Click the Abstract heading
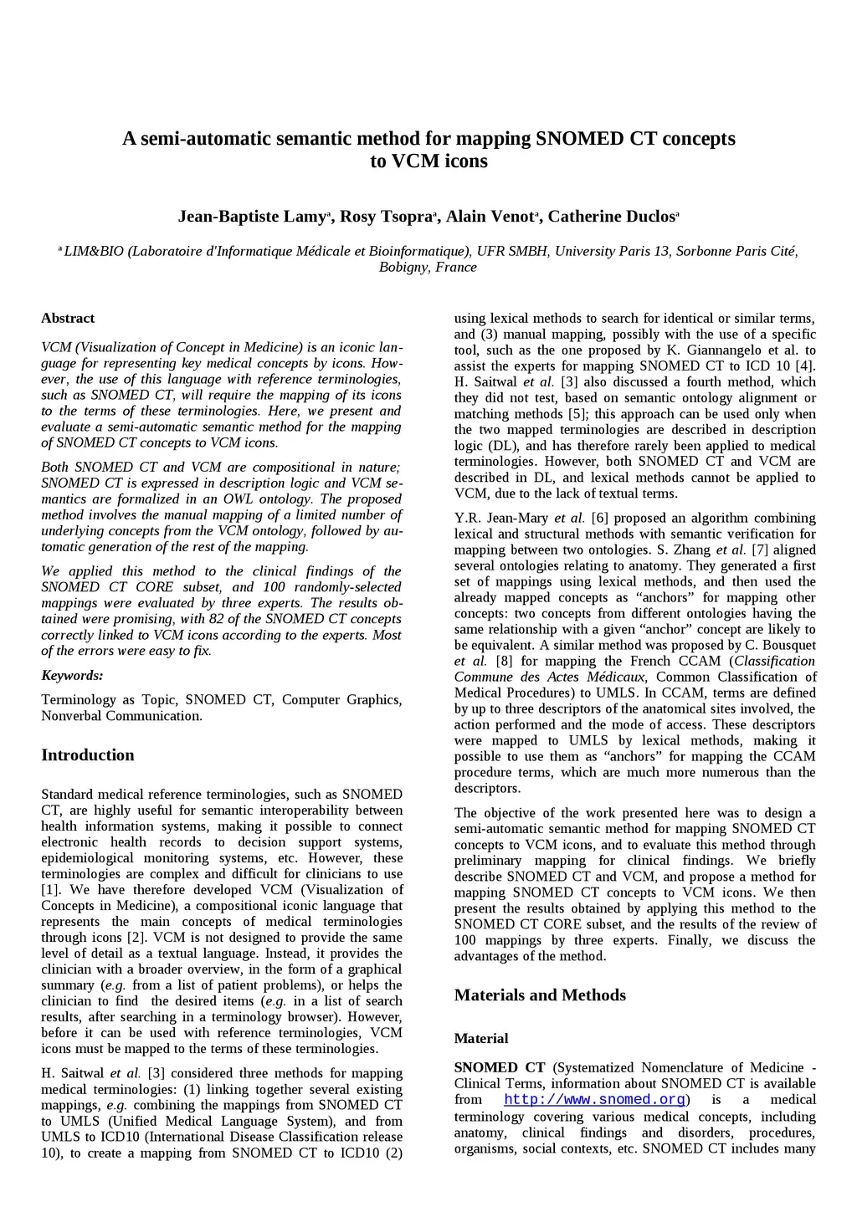68,319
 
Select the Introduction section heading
88,755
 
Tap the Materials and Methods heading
540,995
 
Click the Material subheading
481,1039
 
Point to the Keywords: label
72,676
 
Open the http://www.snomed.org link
595,1100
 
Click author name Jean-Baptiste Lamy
251,217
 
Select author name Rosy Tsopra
385,217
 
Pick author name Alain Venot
489,217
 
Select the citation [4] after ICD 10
804,366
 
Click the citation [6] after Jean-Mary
599,519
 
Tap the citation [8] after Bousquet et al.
504,661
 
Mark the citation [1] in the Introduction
50,890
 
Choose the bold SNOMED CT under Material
499,1068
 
